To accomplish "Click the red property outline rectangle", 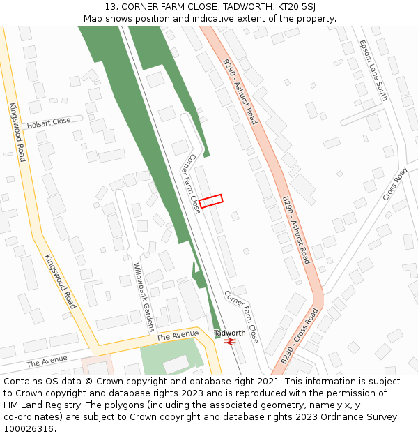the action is click(x=211, y=201).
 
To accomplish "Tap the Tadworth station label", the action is click(x=229, y=333).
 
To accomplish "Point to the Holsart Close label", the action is click(x=49, y=122).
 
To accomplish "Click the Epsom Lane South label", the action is click(x=373, y=70).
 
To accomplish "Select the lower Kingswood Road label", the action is click(x=60, y=281).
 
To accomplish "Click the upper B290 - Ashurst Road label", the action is click(x=240, y=91).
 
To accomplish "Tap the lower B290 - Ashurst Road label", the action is click(x=295, y=230).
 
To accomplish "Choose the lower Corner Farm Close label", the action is click(x=241, y=317).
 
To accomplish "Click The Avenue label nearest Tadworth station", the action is click(x=173, y=336).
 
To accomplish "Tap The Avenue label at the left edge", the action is click(x=47, y=360).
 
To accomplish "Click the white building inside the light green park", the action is click(x=175, y=363).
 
